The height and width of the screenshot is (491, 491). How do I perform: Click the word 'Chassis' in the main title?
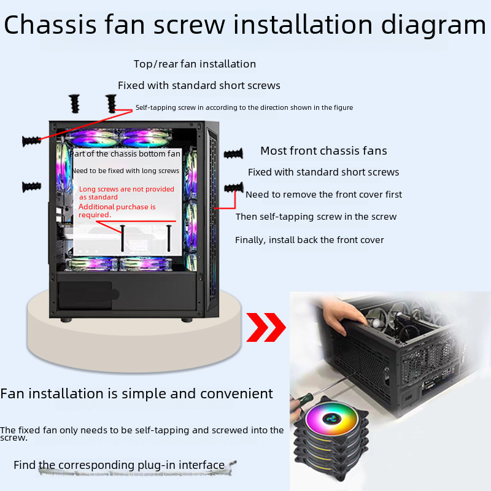[50, 25]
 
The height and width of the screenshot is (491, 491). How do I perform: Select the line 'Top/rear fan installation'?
[195, 64]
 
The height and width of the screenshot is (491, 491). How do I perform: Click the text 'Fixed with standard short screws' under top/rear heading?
[199, 85]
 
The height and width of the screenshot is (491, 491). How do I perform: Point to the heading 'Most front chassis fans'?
[323, 151]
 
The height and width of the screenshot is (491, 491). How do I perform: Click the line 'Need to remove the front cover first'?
[323, 195]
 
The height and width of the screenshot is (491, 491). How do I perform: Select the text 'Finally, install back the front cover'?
[309, 240]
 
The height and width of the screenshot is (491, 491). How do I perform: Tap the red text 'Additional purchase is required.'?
[117, 211]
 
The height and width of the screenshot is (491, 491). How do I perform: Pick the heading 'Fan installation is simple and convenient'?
[136, 393]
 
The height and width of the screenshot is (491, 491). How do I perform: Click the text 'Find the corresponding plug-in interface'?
[119, 465]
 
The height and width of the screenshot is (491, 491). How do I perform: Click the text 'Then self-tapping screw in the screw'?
[316, 217]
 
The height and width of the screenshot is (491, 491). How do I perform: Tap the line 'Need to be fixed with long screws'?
[126, 171]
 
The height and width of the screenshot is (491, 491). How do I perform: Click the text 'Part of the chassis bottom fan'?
[126, 154]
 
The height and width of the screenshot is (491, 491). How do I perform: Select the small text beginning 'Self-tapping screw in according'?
[244, 107]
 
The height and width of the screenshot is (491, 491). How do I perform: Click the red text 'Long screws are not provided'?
[126, 189]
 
